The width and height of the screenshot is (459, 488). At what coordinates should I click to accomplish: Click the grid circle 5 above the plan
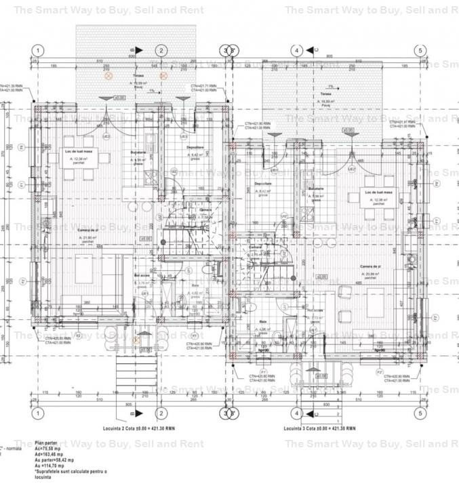coord(420,51)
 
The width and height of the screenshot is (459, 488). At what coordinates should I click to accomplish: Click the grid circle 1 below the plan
coord(38,413)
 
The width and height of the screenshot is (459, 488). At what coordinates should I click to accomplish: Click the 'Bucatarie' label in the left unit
coord(138,152)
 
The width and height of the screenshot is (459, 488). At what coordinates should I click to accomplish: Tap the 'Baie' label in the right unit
coord(262,321)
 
